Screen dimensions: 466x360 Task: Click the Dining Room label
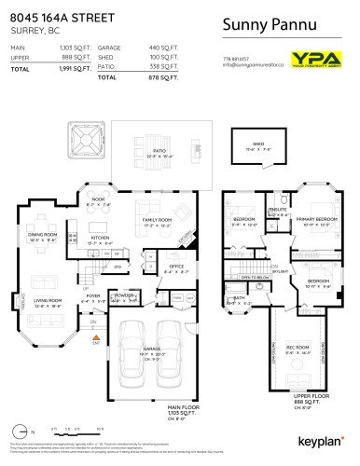[42, 235]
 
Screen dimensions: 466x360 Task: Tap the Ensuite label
[278, 210]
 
